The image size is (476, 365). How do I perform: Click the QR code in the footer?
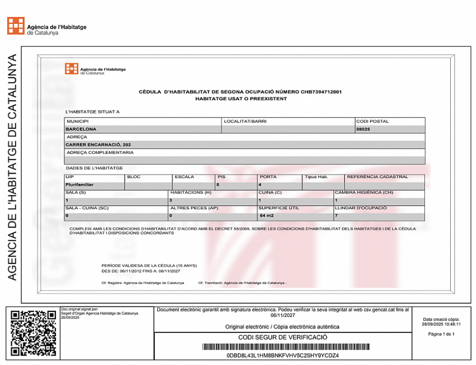[x=33, y=333]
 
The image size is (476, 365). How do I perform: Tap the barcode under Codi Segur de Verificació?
[x=283, y=347]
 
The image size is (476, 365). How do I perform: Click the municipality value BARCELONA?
[x=81, y=129]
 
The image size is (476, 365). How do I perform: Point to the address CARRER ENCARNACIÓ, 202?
[x=98, y=145]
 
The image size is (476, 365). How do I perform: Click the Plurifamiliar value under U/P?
[x=80, y=184]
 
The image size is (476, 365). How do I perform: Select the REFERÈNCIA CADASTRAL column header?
[x=377, y=177]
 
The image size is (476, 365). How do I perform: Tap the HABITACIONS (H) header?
[x=191, y=192]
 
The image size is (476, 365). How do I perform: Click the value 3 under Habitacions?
[x=171, y=200]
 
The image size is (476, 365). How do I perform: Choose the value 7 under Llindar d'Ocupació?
[x=336, y=216]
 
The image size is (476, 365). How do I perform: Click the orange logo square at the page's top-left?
[x=16, y=26]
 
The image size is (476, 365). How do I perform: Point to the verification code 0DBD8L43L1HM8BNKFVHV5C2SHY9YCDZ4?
[x=283, y=355]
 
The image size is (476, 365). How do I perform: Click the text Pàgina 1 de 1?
[x=441, y=334]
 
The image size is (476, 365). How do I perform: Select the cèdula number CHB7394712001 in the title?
[x=321, y=92]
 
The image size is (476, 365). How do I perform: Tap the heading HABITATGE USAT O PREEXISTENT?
[x=241, y=99]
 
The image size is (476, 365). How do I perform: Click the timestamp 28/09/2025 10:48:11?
[x=441, y=324]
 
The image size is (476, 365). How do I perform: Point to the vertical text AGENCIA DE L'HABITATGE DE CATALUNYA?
[x=13, y=167]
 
